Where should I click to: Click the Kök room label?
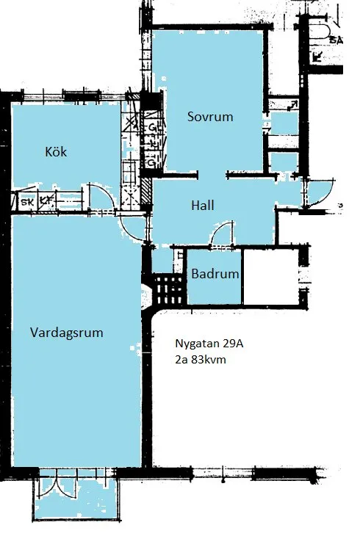coord(56,152)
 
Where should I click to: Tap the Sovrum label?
coord(209,117)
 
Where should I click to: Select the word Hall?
coord(202,206)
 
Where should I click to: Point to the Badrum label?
coord(215,275)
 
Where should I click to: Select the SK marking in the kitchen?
coord(27,199)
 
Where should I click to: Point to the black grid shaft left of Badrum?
coord(167,289)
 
